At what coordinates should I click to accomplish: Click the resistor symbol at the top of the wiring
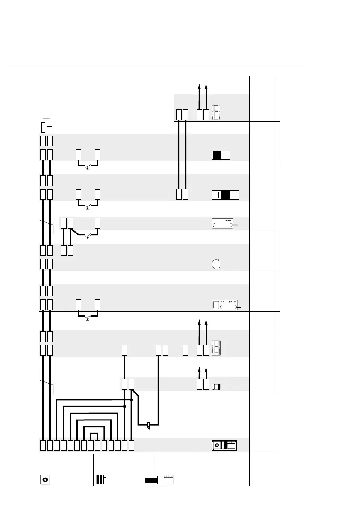point(43,127)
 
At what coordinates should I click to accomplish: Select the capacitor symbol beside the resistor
point(50,127)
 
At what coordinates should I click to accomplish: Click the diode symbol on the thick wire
point(148,426)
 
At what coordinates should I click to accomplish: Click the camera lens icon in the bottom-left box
point(45,479)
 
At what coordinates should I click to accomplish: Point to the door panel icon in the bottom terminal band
point(224,445)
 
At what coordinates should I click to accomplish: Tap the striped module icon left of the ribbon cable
point(101,479)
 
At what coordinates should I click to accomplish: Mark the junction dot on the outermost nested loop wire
point(131,399)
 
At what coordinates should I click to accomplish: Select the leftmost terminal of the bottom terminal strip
point(43,445)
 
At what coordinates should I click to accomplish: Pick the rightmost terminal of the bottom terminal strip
point(132,445)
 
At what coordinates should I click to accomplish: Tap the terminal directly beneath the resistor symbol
point(43,140)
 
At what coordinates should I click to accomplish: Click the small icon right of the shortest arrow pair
point(216,387)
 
